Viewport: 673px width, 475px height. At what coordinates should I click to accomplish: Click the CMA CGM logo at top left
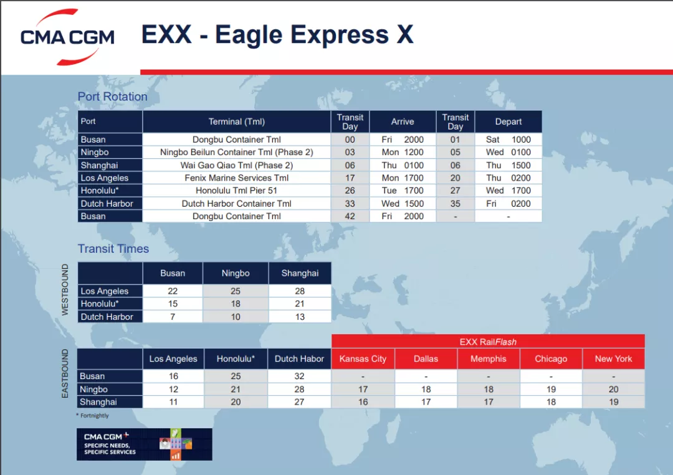(x=67, y=37)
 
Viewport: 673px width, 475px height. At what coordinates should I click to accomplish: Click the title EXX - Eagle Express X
(x=277, y=35)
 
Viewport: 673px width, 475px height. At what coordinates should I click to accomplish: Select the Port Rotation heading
(x=112, y=96)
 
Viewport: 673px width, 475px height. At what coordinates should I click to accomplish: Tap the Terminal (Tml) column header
(x=236, y=121)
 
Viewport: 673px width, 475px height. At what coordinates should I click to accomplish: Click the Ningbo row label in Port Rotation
(x=95, y=152)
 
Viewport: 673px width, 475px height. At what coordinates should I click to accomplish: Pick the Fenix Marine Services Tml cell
(x=236, y=178)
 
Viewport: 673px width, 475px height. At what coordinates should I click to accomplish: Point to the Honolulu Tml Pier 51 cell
(x=236, y=190)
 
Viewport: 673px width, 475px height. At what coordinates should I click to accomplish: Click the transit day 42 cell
(x=350, y=216)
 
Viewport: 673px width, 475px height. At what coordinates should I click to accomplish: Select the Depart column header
(x=508, y=121)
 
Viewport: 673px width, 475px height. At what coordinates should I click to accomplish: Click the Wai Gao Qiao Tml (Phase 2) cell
(x=236, y=165)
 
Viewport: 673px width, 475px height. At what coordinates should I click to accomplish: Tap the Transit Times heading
(x=113, y=248)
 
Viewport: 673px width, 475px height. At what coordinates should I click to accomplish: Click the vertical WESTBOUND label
(x=65, y=289)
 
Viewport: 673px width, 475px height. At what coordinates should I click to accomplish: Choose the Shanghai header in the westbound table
(x=300, y=273)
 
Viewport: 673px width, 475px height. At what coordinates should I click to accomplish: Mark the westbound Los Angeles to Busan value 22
(x=173, y=291)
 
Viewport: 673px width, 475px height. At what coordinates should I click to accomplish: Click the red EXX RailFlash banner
(x=488, y=341)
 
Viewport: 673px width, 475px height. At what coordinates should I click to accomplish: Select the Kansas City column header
(x=363, y=359)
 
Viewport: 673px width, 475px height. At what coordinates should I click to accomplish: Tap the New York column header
(x=613, y=359)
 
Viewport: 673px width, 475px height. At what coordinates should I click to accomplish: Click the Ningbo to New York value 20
(x=613, y=389)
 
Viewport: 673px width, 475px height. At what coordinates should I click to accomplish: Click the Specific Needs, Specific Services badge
(x=144, y=444)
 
